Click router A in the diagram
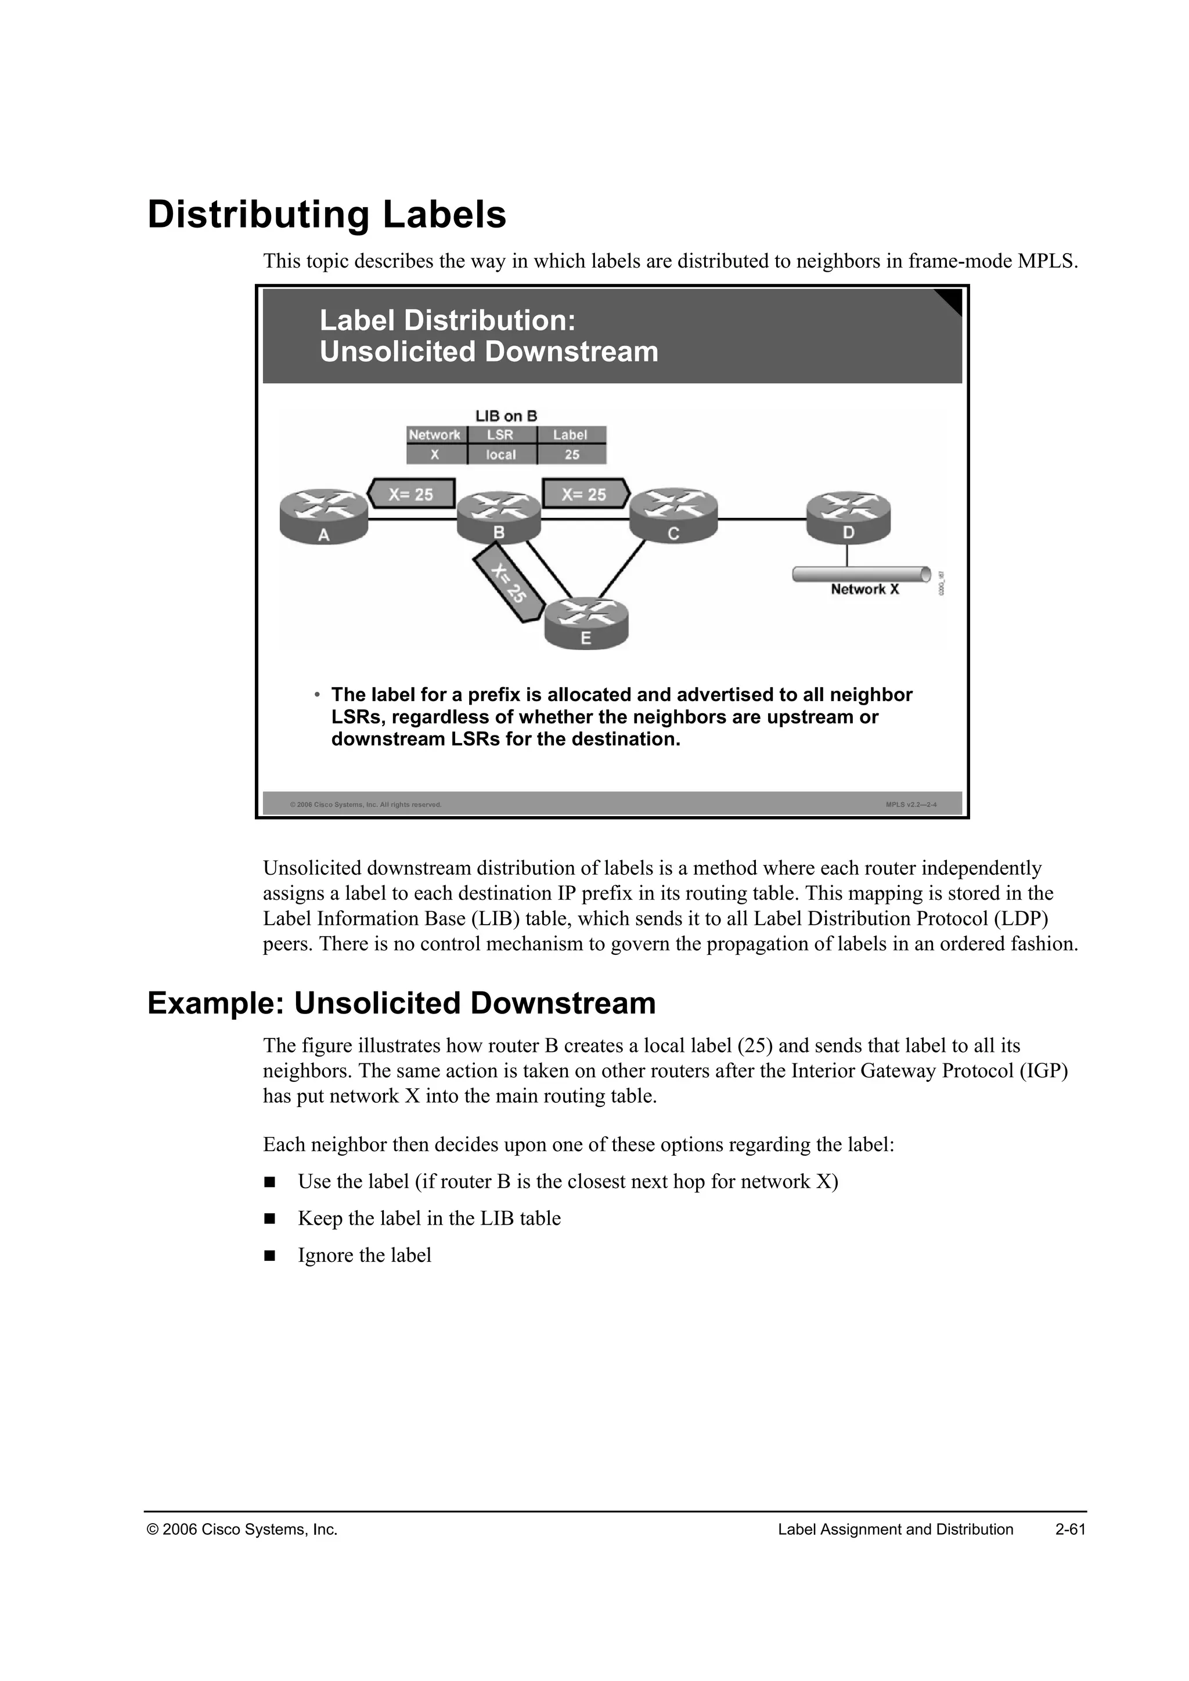pos(323,516)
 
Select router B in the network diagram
pos(499,516)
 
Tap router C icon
pos(673,515)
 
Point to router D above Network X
pos(849,515)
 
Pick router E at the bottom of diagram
pos(586,622)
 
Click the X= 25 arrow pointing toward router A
pos(410,494)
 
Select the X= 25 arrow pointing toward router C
pos(585,494)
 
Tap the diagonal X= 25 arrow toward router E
pos(509,585)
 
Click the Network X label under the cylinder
pos(864,589)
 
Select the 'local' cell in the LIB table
pos(501,454)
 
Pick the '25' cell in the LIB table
pos(572,454)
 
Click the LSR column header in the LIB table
pos(501,435)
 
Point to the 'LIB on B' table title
pos(506,416)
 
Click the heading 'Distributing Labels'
pos(326,215)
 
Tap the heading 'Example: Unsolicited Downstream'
pos(401,1003)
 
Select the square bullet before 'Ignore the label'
pos(269,1256)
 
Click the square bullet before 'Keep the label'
pos(269,1219)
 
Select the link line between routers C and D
pos(762,519)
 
